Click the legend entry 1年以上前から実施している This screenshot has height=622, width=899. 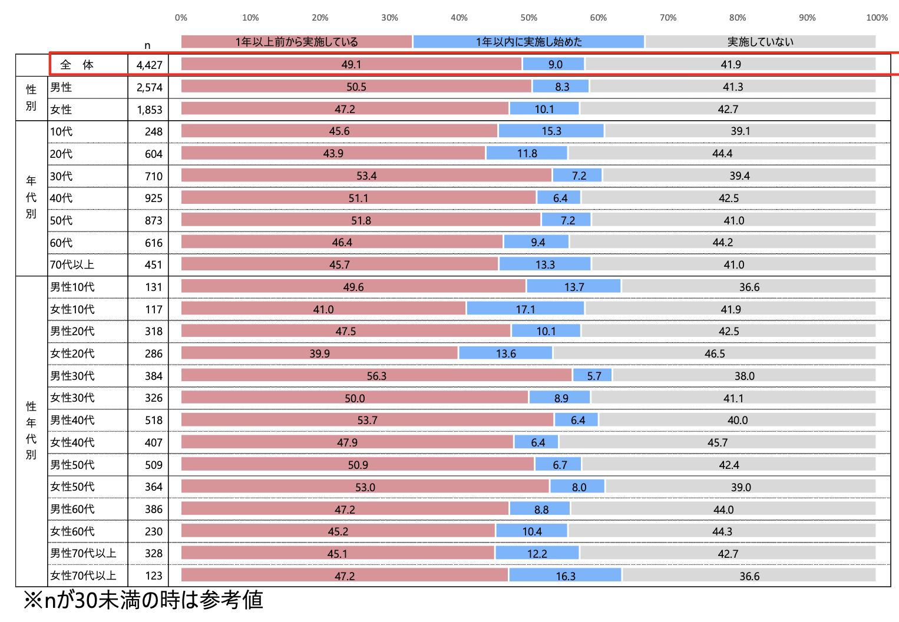296,42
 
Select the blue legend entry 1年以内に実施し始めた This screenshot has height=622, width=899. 528,42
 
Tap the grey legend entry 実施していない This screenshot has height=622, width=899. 760,42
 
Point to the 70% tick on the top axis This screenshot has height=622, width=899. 668,18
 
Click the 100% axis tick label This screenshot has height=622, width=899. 877,18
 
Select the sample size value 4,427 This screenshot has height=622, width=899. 149,65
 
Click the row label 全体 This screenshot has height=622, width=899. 77,65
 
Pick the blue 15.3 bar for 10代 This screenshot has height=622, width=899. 551,131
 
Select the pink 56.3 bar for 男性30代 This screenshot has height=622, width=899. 376,376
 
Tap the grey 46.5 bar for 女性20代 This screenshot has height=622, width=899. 714,353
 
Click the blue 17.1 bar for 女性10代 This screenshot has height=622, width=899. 525,309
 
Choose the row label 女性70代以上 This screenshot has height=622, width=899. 83,575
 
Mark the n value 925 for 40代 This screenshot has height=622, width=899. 153,198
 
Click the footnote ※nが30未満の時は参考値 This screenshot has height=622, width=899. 143,600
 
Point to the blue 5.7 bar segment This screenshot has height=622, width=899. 593,376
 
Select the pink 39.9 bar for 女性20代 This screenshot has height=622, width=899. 319,353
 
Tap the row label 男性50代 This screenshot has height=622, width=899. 72,465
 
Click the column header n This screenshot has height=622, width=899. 147,45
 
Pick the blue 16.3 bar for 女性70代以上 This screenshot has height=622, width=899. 565,575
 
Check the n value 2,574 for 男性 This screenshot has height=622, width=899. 149,87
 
